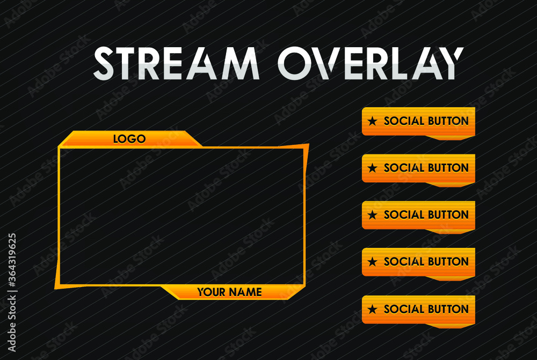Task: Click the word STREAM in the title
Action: [x=176, y=63]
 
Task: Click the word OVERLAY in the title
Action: [x=370, y=63]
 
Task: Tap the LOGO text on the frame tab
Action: [x=129, y=139]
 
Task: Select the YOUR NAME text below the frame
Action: [x=229, y=292]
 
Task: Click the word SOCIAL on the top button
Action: [x=404, y=121]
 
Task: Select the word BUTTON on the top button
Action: [x=448, y=121]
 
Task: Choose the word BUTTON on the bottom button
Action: [x=448, y=309]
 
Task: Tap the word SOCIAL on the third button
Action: [x=404, y=215]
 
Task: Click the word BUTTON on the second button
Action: [x=448, y=168]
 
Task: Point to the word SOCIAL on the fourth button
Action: [x=404, y=262]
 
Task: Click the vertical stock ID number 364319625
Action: [x=12, y=268]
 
